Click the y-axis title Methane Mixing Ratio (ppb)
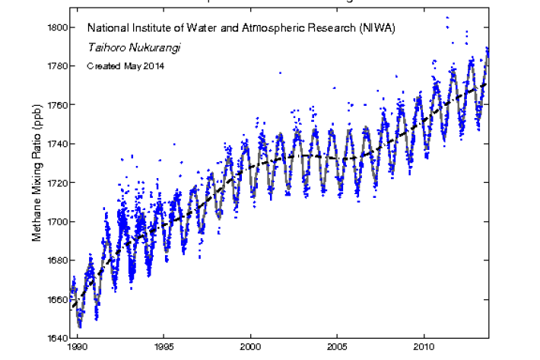[x=36, y=183]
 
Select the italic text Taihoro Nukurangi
[x=128, y=47]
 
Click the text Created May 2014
[x=125, y=65]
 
